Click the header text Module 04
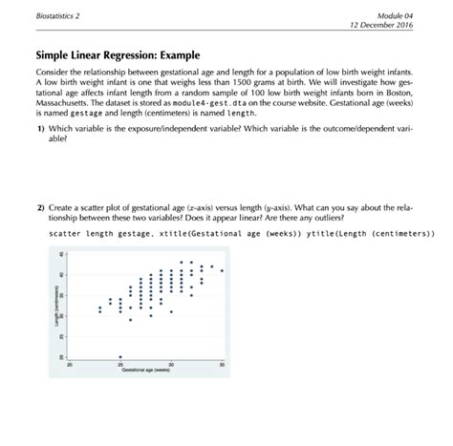[395, 16]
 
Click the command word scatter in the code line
[54, 233]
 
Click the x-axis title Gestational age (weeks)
[145, 371]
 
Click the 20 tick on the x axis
[70, 365]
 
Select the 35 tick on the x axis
[222, 365]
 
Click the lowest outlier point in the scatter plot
[120, 355]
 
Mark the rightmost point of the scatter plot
[222, 271]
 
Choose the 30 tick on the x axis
[171, 365]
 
